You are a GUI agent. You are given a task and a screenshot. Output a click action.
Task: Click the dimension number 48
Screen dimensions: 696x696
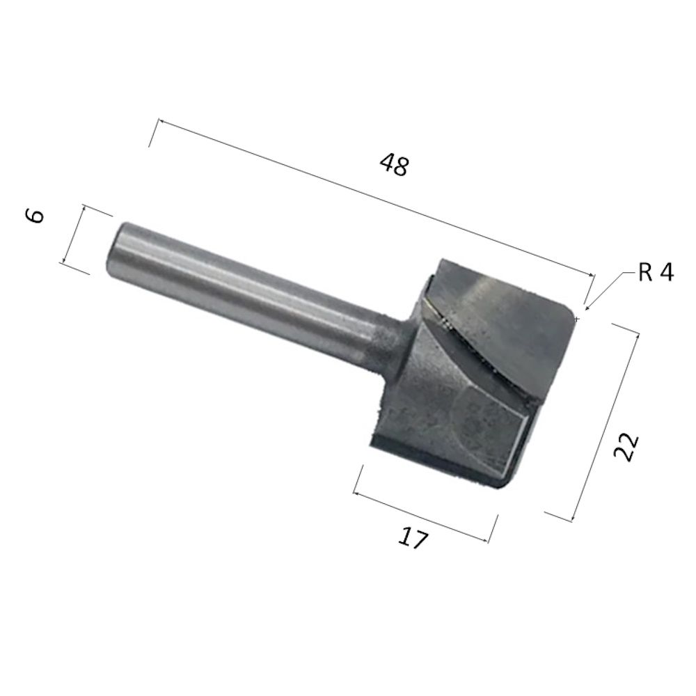[393, 164]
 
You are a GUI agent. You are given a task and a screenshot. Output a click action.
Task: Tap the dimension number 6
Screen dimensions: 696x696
[35, 216]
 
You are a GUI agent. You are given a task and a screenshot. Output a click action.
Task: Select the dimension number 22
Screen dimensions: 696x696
[626, 447]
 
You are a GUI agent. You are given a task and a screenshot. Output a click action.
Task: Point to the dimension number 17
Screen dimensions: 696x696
[413, 539]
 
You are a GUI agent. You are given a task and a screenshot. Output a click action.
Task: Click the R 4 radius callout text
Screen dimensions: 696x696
[656, 272]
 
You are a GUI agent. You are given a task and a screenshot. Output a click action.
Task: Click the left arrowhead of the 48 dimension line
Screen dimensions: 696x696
[162, 121]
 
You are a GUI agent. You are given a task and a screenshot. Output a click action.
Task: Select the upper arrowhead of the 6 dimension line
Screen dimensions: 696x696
[83, 209]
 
